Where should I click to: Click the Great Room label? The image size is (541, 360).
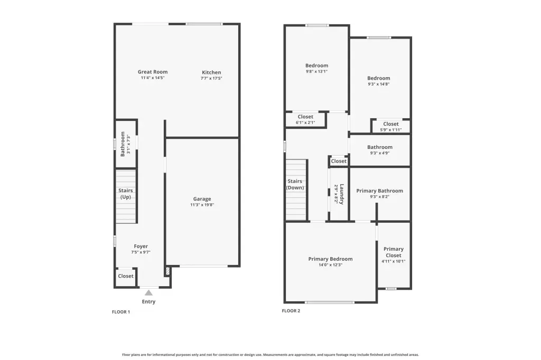pos(153,72)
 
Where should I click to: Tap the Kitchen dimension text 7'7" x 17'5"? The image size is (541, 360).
pos(211,78)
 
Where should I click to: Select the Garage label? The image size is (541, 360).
pos(202,199)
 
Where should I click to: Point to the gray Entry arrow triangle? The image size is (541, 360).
pos(148,293)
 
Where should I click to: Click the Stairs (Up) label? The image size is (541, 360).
pos(126,193)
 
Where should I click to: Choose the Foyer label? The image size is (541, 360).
pos(141,246)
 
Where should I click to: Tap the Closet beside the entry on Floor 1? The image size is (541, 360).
pos(126,276)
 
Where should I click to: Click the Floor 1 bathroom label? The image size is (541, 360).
pos(123,144)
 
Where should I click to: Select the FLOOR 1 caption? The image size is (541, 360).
pos(121,312)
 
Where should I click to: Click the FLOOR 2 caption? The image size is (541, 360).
pos(291,311)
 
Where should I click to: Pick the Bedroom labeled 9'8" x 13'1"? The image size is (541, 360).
pos(316,65)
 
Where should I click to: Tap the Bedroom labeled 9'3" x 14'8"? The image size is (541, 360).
pos(378,78)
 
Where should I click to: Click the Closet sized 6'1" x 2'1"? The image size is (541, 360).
pos(305,117)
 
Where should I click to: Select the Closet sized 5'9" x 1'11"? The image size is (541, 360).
pos(390,124)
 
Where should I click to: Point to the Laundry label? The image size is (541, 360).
pos(342,194)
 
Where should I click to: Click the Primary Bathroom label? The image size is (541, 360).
pos(379,191)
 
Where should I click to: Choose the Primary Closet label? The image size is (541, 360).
pos(393,252)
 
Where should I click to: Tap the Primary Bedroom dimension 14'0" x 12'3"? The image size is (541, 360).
pos(330,265)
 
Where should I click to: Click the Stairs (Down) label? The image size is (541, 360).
pos(295,184)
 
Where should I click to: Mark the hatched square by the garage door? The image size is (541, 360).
pos(167,271)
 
